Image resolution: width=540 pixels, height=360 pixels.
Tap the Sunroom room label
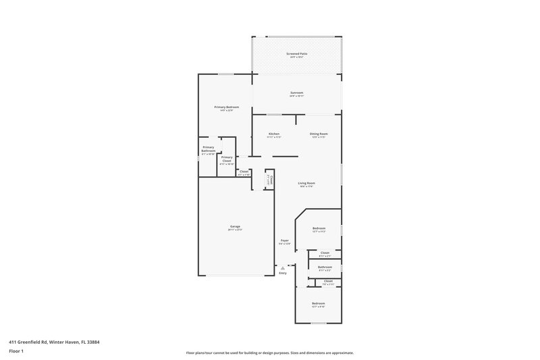[296, 93]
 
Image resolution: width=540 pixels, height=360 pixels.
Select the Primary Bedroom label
[227, 107]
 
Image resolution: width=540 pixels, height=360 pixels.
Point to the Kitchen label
[274, 134]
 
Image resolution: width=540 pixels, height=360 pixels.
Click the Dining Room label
[319, 134]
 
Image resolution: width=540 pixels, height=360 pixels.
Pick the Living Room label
[307, 183]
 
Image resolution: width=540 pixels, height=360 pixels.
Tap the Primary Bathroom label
[209, 149]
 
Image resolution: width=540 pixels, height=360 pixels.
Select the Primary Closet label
[227, 159]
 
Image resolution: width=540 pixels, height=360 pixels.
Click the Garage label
[235, 226]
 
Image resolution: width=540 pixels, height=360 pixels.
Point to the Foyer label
[285, 240]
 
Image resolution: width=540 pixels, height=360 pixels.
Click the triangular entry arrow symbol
[283, 267]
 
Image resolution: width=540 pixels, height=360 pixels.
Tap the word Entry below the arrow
[283, 273]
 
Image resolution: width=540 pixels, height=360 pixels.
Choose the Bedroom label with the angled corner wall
[319, 228]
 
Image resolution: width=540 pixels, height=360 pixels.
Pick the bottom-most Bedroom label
[318, 304]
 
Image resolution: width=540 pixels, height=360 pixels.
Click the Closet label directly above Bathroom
[325, 253]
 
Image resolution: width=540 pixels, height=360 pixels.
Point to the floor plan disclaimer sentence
[269, 353]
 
